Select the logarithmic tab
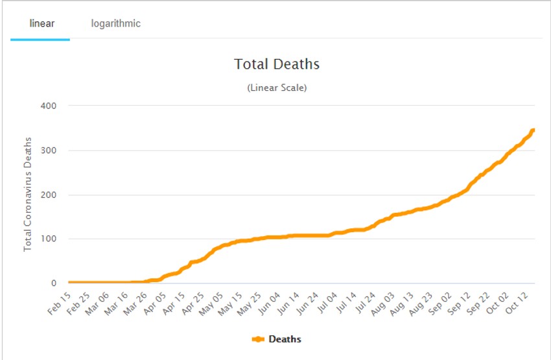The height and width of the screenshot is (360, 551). pyautogui.click(x=116, y=24)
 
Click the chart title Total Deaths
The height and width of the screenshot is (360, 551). pyautogui.click(x=277, y=64)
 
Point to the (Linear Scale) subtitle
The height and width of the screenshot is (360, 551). pyautogui.click(x=277, y=88)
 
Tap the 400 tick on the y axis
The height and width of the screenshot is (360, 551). pyautogui.click(x=49, y=106)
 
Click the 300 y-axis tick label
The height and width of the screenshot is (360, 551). pyautogui.click(x=49, y=150)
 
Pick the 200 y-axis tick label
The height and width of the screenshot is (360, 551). pyautogui.click(x=49, y=195)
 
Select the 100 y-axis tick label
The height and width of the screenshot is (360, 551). pyautogui.click(x=49, y=239)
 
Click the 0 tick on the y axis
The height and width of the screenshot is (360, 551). pyautogui.click(x=54, y=283)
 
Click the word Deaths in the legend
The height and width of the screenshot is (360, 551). pyautogui.click(x=285, y=339)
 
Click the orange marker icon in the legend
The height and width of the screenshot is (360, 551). pyautogui.click(x=258, y=339)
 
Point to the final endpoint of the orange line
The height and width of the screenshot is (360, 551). pyautogui.click(x=533, y=130)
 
